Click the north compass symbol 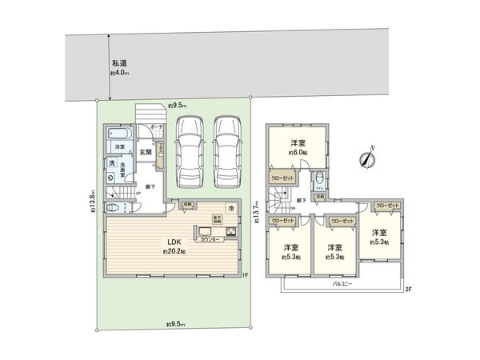367,158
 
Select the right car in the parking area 228,147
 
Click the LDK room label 174,242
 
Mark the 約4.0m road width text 119,73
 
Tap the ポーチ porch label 155,127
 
